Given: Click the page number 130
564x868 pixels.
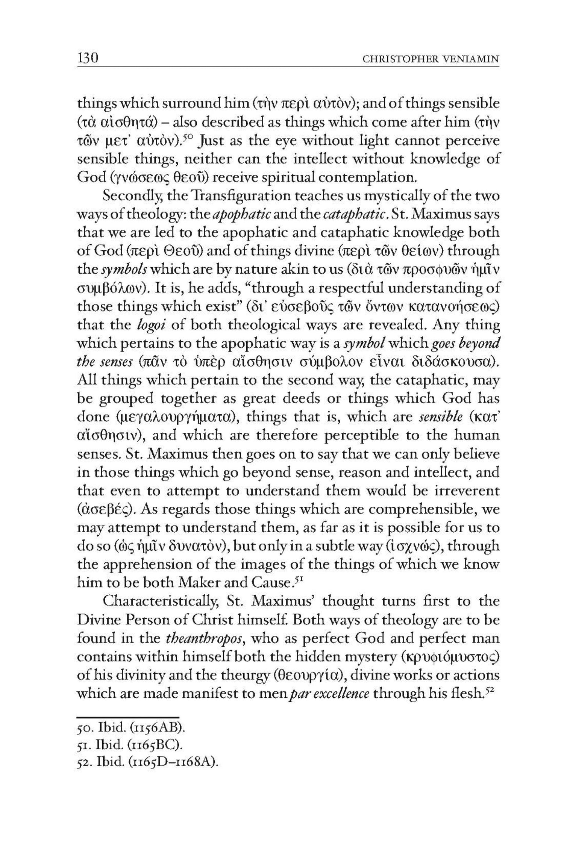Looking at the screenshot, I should click(x=88, y=58).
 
